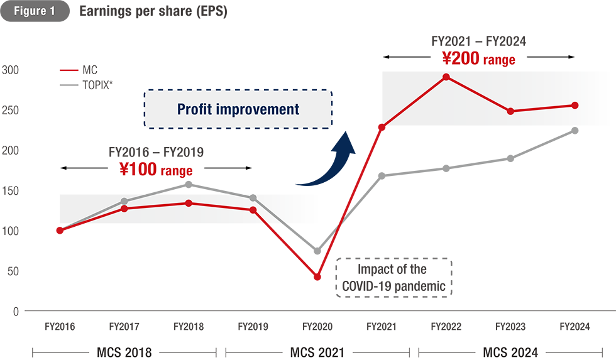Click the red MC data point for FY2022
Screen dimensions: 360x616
tap(446, 77)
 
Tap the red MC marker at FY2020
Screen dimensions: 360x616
tap(317, 276)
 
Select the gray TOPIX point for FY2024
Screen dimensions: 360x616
tap(575, 131)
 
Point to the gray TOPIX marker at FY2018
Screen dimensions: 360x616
tap(189, 185)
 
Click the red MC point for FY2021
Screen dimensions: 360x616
tap(382, 128)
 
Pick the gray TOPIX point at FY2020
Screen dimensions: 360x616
tap(317, 251)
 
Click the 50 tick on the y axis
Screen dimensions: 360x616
tap(12, 271)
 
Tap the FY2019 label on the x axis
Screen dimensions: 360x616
tap(253, 327)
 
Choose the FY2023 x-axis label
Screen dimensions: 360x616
tap(510, 327)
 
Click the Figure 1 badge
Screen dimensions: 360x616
tap(35, 12)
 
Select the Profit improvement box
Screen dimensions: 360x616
tap(238, 109)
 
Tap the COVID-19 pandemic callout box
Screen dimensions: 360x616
tap(393, 278)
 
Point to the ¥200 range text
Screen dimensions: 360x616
tap(478, 60)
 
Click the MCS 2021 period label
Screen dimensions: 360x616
tap(317, 352)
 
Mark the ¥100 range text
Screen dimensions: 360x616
tap(156, 169)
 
